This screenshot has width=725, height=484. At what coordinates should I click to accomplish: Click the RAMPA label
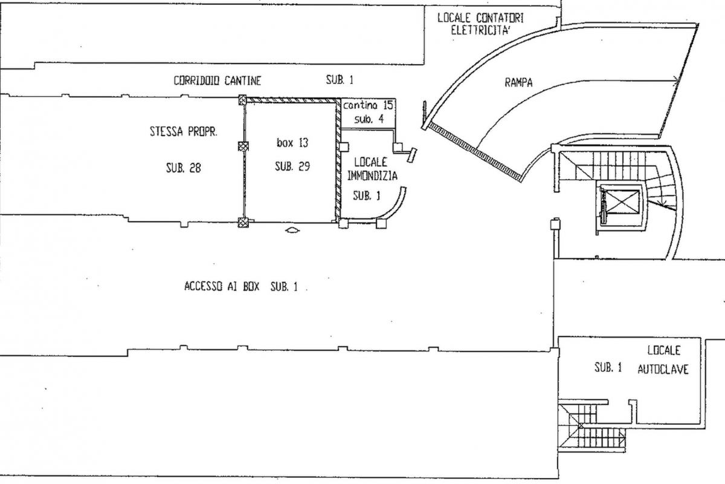(518, 83)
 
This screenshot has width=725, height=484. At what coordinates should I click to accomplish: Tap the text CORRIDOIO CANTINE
(217, 80)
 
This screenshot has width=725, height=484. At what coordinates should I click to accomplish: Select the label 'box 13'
(292, 143)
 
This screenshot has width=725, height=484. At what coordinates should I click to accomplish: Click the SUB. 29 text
(292, 166)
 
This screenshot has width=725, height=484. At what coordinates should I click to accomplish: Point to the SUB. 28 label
(184, 168)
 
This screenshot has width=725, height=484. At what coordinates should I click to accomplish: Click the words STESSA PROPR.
(184, 131)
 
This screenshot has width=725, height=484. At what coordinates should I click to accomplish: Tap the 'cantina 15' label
(368, 105)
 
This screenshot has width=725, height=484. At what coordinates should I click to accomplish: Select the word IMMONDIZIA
(372, 176)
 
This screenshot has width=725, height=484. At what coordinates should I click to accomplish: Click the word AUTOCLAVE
(663, 370)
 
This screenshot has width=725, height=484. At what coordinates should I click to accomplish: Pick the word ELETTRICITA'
(481, 30)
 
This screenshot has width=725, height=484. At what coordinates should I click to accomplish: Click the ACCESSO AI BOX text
(222, 286)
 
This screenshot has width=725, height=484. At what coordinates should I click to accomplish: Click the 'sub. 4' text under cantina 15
(369, 119)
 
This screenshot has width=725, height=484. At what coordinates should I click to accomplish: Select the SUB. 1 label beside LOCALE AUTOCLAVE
(608, 367)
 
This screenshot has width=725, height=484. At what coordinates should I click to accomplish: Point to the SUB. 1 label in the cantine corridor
(340, 80)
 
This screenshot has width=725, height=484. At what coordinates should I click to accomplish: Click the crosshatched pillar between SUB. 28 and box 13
(243, 146)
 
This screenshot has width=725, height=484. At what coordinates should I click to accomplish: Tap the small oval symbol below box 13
(292, 231)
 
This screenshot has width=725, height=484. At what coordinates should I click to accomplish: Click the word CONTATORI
(500, 18)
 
